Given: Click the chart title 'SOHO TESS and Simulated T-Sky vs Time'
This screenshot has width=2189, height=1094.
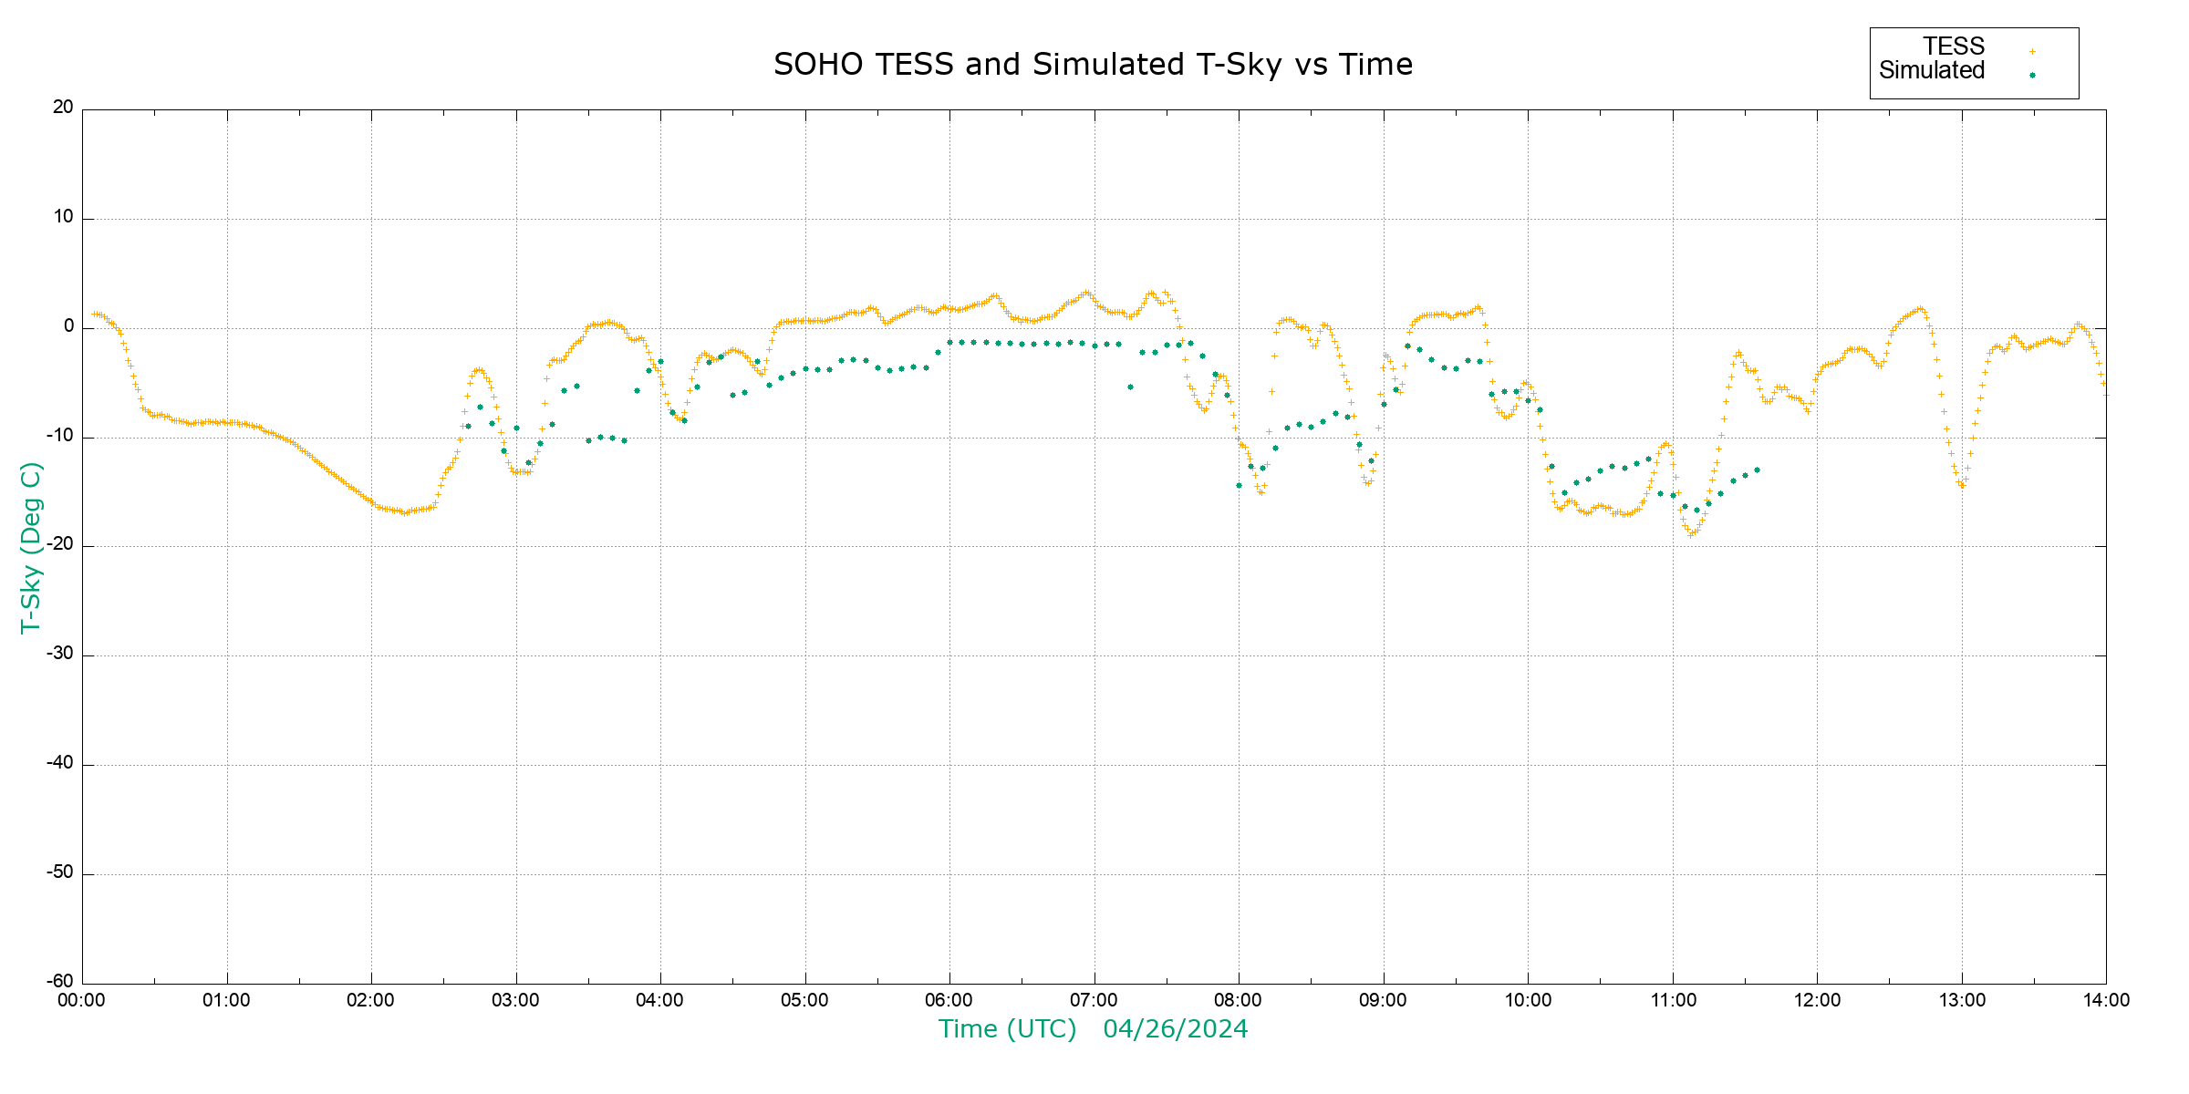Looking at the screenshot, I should (1093, 65).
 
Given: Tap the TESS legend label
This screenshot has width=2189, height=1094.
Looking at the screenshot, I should (1954, 46).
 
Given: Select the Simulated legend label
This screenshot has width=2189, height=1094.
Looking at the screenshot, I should (1932, 70).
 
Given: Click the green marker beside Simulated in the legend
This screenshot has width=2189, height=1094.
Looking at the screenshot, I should (2032, 75).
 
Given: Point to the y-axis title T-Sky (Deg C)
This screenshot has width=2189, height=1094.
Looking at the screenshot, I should (30, 547).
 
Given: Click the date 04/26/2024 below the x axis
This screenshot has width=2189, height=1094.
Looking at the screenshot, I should (1175, 1029).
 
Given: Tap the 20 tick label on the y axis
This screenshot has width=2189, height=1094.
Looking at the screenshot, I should (63, 108).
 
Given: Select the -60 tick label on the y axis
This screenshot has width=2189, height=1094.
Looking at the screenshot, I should (60, 982).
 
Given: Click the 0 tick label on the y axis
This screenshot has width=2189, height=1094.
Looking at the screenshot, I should (68, 326).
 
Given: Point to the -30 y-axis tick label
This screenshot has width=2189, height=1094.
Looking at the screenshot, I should (60, 655).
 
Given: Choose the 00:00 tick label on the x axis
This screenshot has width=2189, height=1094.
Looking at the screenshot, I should (82, 1001).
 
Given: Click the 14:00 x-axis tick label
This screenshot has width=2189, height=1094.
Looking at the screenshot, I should (2106, 1001).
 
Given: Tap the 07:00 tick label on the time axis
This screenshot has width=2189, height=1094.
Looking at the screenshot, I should (1094, 1001).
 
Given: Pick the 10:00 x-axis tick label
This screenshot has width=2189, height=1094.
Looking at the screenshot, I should (1528, 1001).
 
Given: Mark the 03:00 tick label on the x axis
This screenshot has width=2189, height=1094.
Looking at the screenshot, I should (515, 1001).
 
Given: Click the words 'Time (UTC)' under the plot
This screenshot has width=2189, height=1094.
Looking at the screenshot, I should (1007, 1029).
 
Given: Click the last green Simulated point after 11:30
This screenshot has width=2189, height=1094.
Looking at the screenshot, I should (1757, 470).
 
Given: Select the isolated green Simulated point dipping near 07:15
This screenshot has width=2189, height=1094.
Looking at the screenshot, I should (1130, 387).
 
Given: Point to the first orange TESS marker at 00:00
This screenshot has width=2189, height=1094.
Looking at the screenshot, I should (93, 314).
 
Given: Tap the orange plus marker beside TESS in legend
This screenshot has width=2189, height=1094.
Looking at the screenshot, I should (2032, 51).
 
